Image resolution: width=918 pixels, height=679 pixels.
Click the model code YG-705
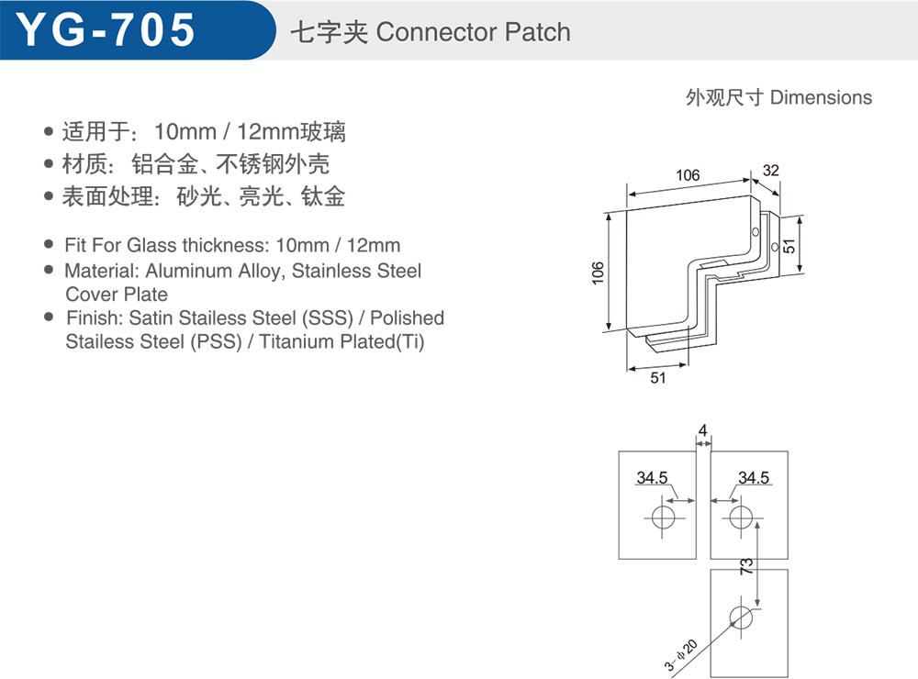[x=106, y=30]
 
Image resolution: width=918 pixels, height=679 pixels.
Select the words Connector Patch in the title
[x=473, y=31]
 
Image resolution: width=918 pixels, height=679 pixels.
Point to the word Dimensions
[x=821, y=97]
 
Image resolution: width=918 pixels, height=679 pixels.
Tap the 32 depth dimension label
[x=770, y=171]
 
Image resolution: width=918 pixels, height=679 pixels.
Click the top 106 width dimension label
[x=688, y=175]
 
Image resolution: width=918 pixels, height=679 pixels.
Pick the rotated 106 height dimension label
[x=598, y=273]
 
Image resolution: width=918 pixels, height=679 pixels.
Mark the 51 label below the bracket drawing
[x=658, y=377]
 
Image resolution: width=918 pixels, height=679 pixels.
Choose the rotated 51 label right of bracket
[x=789, y=246]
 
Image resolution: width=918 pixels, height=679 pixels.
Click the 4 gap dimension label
[x=702, y=431]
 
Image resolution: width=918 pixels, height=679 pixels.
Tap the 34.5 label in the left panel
[x=652, y=478]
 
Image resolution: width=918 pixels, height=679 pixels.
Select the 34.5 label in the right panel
[x=754, y=478]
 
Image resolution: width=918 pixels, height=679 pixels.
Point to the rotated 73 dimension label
[x=745, y=566]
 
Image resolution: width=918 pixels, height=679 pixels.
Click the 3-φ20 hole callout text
[x=680, y=655]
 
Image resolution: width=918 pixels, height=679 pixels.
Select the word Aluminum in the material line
[x=188, y=271]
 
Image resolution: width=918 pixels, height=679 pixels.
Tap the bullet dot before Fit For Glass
[x=50, y=244]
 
